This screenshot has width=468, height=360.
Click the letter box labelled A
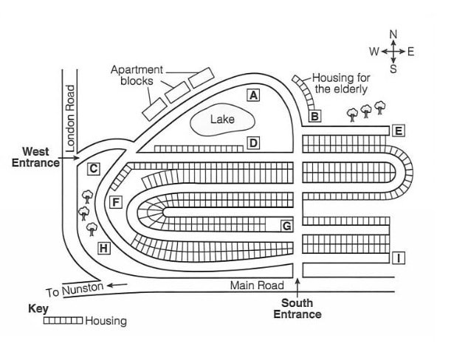point(253,95)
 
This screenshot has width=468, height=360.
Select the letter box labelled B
point(314,116)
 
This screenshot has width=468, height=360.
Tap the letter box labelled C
point(94,169)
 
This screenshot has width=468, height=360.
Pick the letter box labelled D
point(253,143)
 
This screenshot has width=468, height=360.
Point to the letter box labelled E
point(399,131)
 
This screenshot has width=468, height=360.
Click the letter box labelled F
point(116,202)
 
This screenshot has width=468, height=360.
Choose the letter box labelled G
point(287,226)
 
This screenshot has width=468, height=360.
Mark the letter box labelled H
point(104,249)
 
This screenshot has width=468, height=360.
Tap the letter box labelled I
point(399,257)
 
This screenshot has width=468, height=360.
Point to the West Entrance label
point(35,157)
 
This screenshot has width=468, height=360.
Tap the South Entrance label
point(297,308)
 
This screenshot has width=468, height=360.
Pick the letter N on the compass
point(393,35)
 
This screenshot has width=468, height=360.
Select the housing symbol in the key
point(63,321)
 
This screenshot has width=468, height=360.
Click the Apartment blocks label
point(137,75)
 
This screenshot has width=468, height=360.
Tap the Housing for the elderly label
point(341,83)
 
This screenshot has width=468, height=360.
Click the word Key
point(38,308)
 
